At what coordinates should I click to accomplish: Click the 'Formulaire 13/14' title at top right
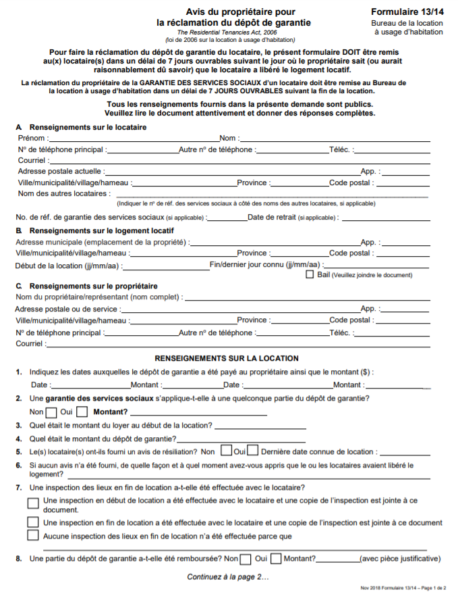click(407, 12)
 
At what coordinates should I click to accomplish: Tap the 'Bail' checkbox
click(310, 274)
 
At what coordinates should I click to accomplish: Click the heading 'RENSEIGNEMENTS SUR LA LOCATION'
click(227, 358)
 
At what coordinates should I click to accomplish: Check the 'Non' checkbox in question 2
click(51, 412)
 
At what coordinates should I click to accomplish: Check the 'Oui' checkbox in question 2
click(82, 412)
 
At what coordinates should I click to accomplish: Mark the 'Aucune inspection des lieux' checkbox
click(33, 536)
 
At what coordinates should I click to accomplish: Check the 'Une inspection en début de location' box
click(33, 503)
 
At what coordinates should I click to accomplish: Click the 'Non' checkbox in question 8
click(246, 559)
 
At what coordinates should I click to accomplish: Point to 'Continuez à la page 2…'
click(227, 576)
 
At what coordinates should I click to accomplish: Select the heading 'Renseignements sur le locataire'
click(88, 127)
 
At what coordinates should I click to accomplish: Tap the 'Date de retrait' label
click(270, 217)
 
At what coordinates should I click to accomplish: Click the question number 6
click(19, 465)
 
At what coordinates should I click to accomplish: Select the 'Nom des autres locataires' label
click(63, 193)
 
